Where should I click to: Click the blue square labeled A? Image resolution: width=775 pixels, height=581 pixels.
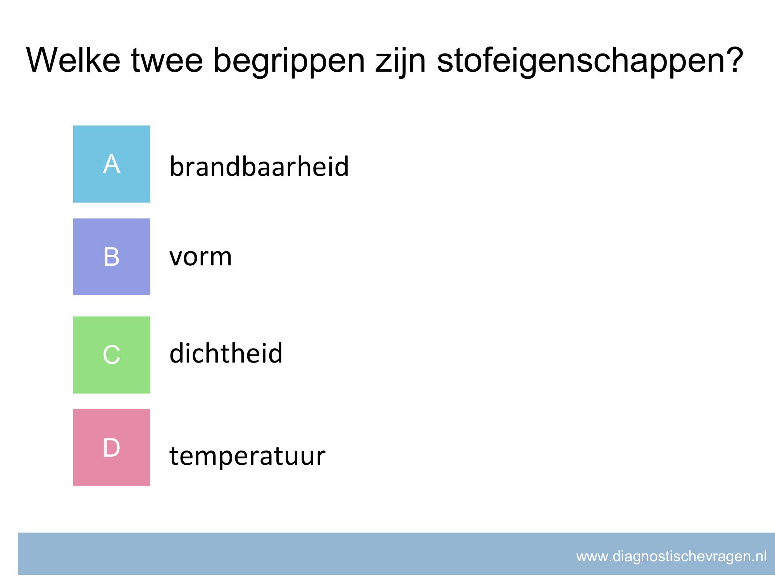pos(112,164)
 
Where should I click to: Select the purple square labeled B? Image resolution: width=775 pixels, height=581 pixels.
pos(112,257)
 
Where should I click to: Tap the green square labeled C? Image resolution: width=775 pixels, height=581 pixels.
pos(112,355)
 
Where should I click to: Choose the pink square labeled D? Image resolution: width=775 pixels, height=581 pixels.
pos(112,447)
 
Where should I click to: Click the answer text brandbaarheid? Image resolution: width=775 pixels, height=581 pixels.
pos(259,166)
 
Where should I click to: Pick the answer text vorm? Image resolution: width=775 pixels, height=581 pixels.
pos(201,257)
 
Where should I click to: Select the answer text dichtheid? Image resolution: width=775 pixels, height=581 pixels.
pos(226,353)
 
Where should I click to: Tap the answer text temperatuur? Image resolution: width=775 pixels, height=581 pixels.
pos(247,456)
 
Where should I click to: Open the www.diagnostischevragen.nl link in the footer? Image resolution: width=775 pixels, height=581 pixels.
pos(672,557)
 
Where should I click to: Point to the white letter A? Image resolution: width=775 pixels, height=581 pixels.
pos(112,164)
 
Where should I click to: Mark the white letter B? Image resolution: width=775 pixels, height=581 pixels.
pos(112,257)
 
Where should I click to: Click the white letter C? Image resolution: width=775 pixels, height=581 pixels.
pos(112,355)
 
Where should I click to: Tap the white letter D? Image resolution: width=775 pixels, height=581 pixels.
pos(112,447)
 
